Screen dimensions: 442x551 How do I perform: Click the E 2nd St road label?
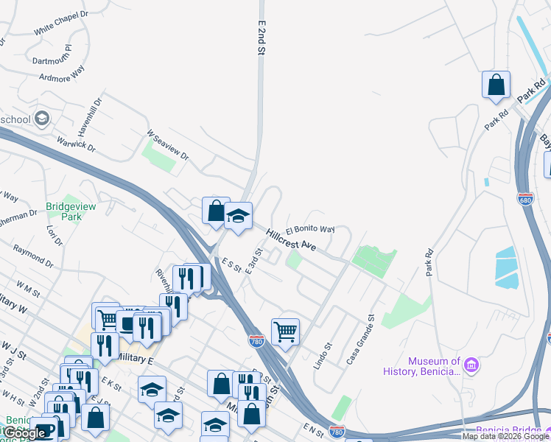261,38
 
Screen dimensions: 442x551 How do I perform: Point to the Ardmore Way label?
63,74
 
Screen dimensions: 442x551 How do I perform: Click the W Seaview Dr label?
168,146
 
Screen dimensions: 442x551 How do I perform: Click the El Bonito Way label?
310,228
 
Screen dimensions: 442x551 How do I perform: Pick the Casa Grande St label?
361,340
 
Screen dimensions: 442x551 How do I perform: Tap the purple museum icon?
471,364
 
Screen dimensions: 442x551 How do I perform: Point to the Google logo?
25,433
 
